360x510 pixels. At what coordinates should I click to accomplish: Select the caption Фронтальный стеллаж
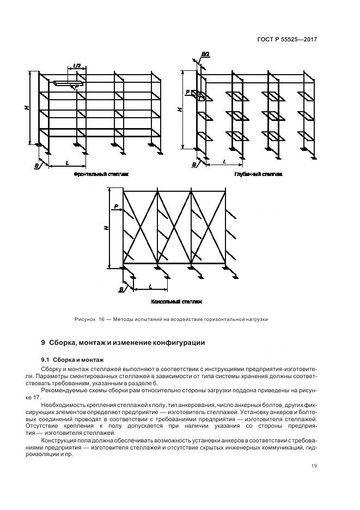(x=96, y=174)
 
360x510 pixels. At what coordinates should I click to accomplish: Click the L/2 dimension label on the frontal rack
(x=77, y=66)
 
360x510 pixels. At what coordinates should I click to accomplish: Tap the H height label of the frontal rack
(x=27, y=108)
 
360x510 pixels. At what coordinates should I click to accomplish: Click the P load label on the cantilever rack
(x=116, y=207)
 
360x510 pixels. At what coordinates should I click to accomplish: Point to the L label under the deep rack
(x=224, y=162)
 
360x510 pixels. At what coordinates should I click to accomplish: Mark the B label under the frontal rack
(x=36, y=164)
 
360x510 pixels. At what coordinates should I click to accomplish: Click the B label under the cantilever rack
(x=120, y=289)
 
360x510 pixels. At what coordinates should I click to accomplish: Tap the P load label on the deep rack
(x=187, y=93)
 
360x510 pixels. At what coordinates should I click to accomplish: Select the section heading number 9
(x=44, y=343)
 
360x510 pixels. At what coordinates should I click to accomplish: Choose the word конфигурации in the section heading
(x=178, y=343)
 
